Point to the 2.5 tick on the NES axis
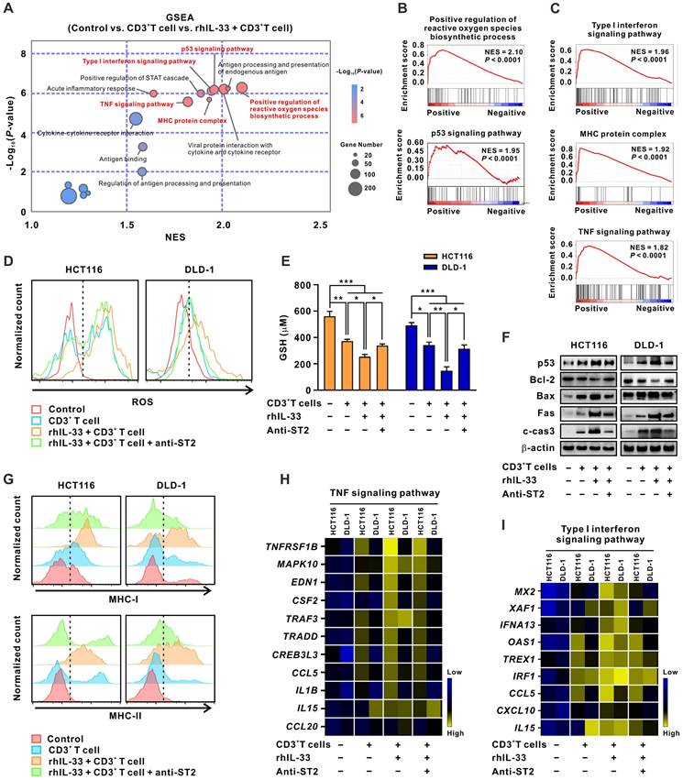pos(320,225)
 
